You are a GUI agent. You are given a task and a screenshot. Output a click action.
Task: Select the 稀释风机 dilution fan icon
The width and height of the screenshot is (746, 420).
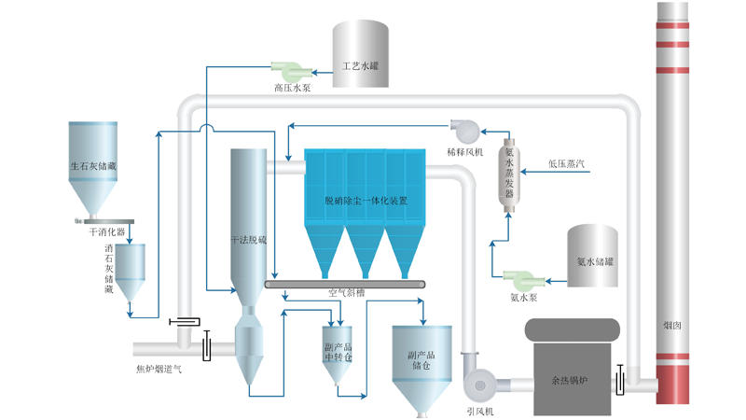point(462,129)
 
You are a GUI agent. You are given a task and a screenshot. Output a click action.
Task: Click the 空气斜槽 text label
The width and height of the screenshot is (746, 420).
point(346,292)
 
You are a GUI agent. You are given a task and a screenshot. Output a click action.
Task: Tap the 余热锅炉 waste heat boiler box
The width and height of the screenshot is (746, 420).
point(571,381)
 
